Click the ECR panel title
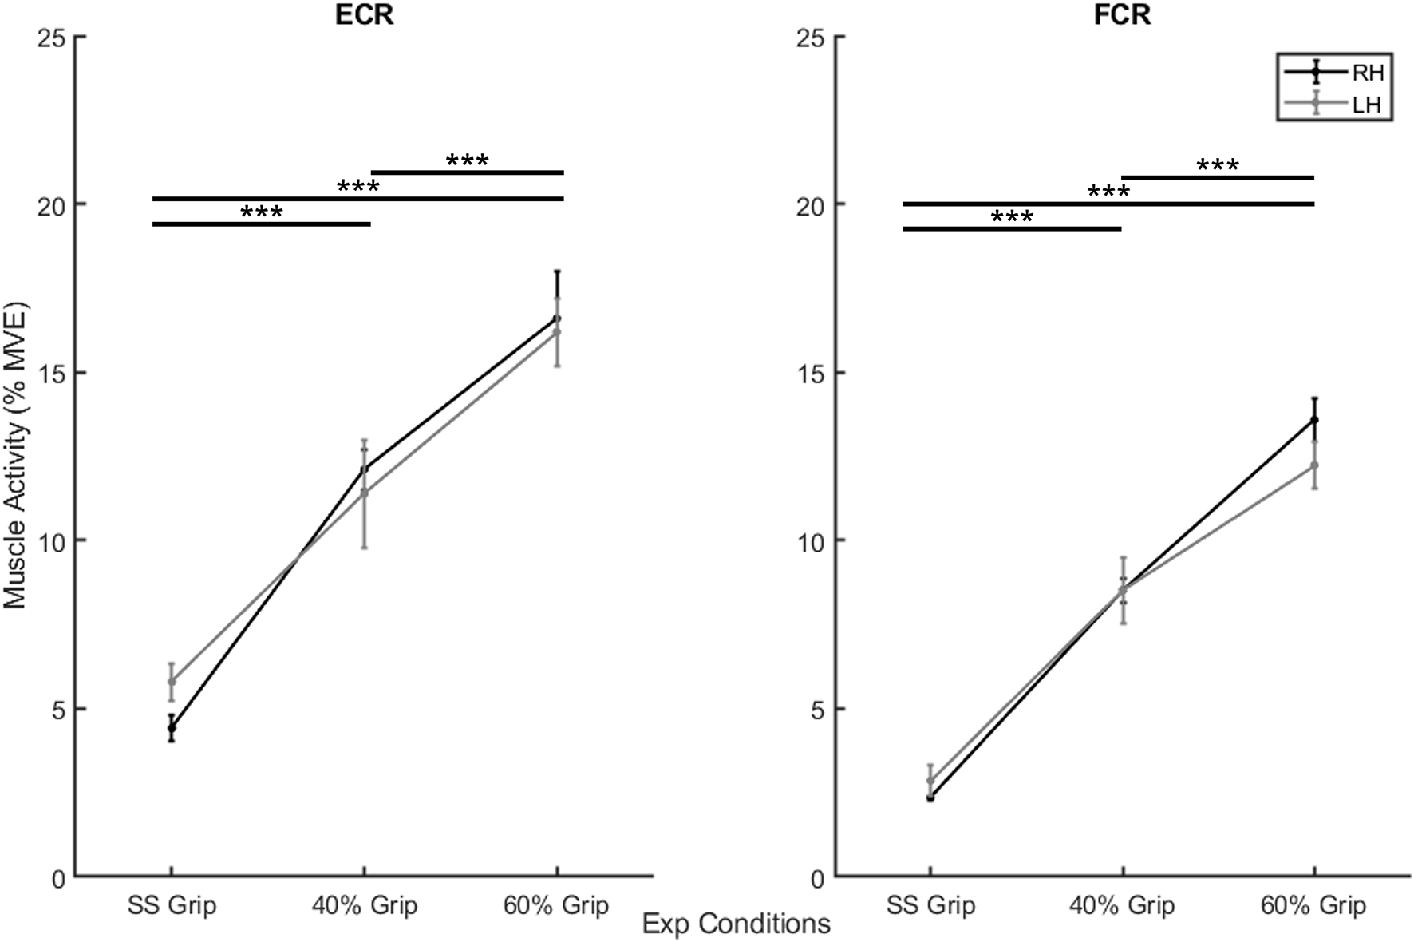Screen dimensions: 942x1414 coord(364,15)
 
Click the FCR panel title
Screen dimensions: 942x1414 coord(1122,15)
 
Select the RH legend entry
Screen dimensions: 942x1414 coord(1367,73)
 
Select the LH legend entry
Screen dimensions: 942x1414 coord(1367,105)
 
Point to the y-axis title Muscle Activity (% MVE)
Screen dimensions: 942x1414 coord(15,456)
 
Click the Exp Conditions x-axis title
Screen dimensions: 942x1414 coord(736,924)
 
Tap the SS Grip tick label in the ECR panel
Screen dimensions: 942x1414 coord(172,905)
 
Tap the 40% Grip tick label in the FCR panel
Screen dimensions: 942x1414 coord(1122,905)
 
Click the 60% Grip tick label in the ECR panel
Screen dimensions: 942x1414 coord(556,905)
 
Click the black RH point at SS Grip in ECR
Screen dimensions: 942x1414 coord(172,727)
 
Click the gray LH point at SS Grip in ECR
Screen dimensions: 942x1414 coord(172,681)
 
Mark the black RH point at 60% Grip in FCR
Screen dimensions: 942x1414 coord(1314,419)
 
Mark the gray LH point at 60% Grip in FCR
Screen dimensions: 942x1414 coord(1314,465)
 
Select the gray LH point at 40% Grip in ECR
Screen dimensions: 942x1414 coord(365,493)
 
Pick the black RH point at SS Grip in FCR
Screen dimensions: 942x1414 coord(930,798)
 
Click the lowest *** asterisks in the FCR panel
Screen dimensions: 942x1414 coord(1012,218)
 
